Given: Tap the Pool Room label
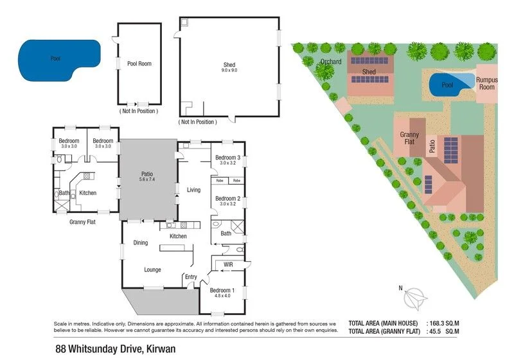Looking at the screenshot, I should click(x=139, y=64).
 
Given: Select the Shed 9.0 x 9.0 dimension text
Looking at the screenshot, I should click(x=230, y=70).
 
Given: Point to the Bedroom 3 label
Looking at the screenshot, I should click(x=227, y=158).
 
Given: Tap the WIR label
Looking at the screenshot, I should click(x=228, y=264).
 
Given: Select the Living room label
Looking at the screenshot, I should click(x=194, y=190).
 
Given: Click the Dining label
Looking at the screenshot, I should click(x=141, y=242).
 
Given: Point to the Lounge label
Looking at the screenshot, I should click(x=152, y=269).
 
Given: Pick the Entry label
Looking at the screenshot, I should click(x=191, y=277).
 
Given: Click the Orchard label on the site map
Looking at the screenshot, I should click(x=330, y=62).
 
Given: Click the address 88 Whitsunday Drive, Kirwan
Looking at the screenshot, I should click(x=115, y=349).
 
